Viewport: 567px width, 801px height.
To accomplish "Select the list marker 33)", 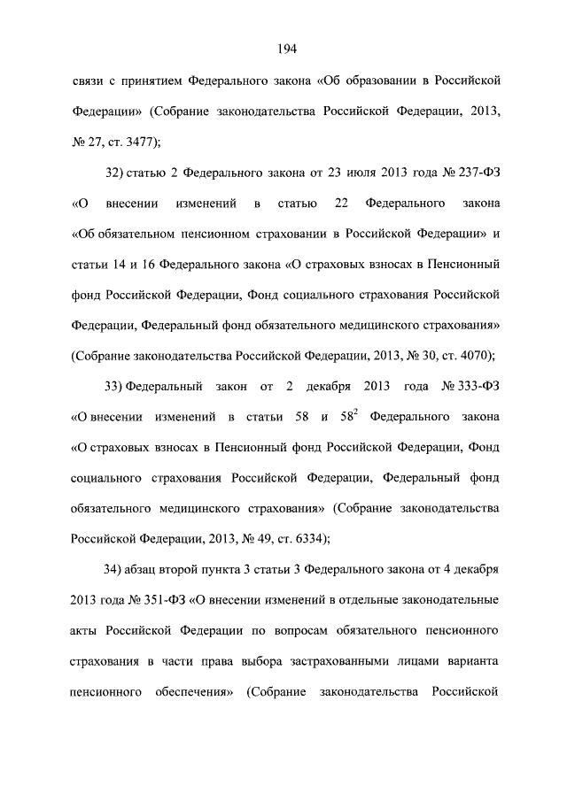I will pyautogui.click(x=116, y=387).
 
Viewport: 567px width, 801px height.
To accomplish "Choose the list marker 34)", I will pyautogui.click(x=116, y=569).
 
